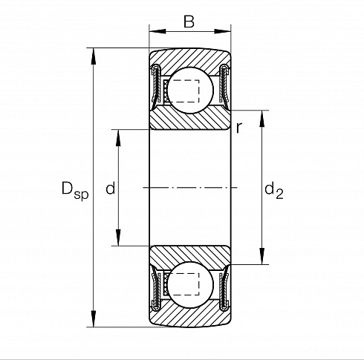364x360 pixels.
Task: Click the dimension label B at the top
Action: click(x=189, y=22)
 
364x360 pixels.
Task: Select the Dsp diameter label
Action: click(x=75, y=191)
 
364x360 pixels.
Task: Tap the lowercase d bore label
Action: click(x=111, y=188)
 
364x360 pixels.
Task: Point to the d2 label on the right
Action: click(x=274, y=191)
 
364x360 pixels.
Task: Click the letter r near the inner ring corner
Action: click(x=238, y=128)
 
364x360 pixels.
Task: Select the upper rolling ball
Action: click(x=190, y=91)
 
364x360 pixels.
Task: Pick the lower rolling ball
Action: click(x=190, y=285)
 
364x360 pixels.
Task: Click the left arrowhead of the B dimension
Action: click(x=157, y=31)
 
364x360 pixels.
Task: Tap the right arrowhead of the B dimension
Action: click(x=222, y=31)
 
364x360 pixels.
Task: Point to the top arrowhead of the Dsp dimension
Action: click(x=94, y=56)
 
